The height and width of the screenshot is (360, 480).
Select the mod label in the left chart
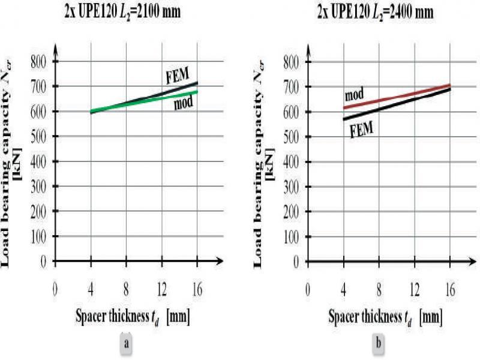tap(184, 104)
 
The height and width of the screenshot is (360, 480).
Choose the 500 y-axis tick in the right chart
tap(292, 137)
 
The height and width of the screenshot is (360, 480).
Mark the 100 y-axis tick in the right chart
tap(292, 238)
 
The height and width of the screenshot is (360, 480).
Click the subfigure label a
tap(125, 344)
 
